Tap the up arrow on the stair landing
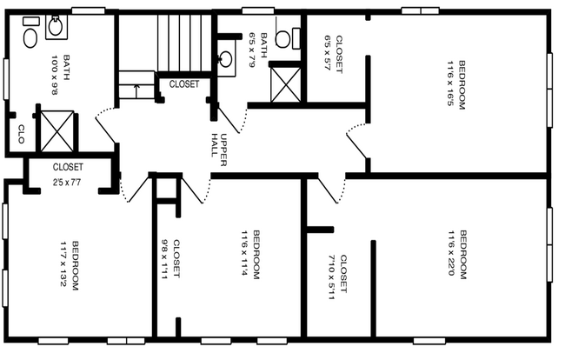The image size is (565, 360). (137, 89)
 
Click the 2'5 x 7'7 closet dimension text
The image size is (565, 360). (67, 183)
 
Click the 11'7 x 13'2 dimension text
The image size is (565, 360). (63, 265)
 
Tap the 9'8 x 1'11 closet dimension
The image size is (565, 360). (165, 259)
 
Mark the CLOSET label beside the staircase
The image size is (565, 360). (183, 84)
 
